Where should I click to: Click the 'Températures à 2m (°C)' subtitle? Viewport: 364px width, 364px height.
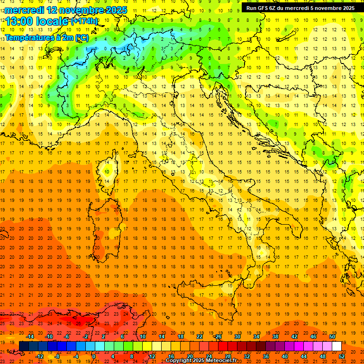[46, 37]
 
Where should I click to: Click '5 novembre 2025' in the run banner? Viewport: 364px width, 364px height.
[331, 8]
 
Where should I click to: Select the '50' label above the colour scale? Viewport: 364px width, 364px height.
[332, 337]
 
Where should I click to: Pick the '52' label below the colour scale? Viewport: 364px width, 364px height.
[341, 356]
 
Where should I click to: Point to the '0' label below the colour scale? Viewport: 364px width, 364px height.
[94, 356]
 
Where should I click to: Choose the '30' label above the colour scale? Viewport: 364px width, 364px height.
[237, 337]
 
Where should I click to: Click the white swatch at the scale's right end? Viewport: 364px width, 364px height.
[337, 346]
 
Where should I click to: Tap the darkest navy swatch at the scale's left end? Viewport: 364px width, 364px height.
[24, 346]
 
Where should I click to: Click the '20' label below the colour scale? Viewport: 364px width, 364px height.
[190, 356]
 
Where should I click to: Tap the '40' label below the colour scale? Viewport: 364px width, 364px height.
[284, 356]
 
